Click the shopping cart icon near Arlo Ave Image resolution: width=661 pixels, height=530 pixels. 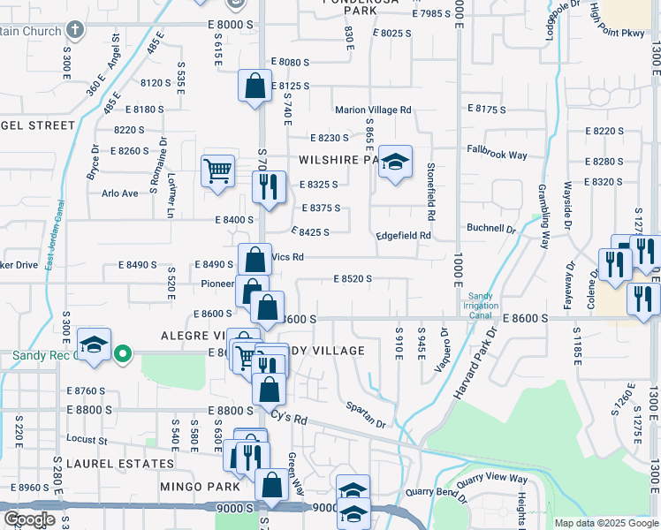tap(217, 170)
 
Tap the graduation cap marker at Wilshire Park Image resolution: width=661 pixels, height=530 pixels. tap(396, 161)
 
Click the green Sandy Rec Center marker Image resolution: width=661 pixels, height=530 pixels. tap(124, 356)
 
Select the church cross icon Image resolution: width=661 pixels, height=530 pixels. tap(75, 30)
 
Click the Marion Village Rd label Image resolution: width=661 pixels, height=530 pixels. tap(373, 110)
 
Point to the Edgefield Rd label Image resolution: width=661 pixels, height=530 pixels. tap(403, 236)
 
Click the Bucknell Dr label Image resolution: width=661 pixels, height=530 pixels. tap(490, 228)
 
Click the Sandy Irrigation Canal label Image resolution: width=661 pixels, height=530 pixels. tap(480, 305)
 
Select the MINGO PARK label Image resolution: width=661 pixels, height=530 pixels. tap(201, 487)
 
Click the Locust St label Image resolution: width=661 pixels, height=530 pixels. tap(87, 439)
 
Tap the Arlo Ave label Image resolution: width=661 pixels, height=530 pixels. tap(120, 193)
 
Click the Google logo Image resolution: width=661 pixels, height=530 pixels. tap(29, 519)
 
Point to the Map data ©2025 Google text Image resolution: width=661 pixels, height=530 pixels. tap(606, 523)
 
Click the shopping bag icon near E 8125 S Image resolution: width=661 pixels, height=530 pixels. tap(255, 87)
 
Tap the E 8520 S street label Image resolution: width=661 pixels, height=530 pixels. tap(353, 279)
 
